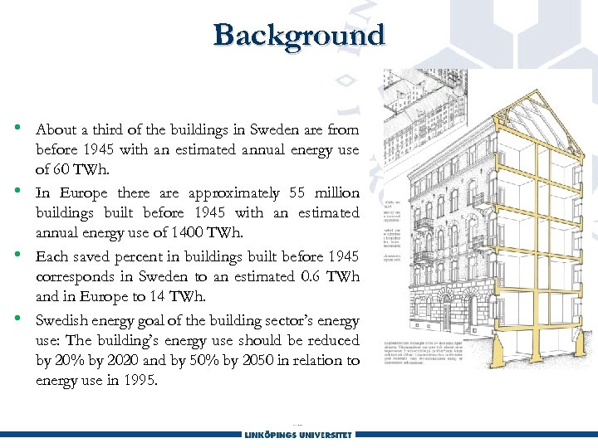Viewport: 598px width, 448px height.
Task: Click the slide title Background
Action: click(x=299, y=36)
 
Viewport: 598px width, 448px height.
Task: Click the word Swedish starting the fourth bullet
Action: click(x=63, y=321)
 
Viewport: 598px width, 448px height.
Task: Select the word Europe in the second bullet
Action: click(x=81, y=193)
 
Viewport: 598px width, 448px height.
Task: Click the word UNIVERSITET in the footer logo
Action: click(x=319, y=434)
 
